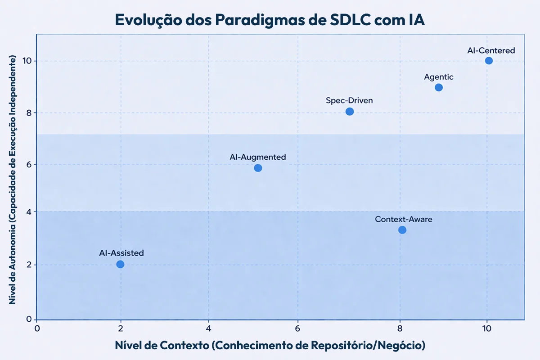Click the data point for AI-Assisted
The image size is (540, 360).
[x=120, y=264]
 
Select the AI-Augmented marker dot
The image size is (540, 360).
[x=258, y=168]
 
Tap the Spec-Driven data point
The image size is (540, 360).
[x=350, y=111]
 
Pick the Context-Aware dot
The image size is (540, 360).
[x=402, y=230]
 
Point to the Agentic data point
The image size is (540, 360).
[x=439, y=87]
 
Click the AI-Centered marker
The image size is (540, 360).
[x=489, y=61]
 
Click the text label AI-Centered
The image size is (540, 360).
[x=491, y=50]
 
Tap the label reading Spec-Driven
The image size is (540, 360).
[x=350, y=100]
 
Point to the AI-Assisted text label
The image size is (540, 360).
[x=121, y=253]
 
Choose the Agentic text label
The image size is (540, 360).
[x=439, y=77]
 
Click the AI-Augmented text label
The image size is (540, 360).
[x=258, y=157]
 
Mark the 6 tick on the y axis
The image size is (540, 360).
[x=28, y=165]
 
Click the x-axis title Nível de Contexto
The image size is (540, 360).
[x=270, y=346]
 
